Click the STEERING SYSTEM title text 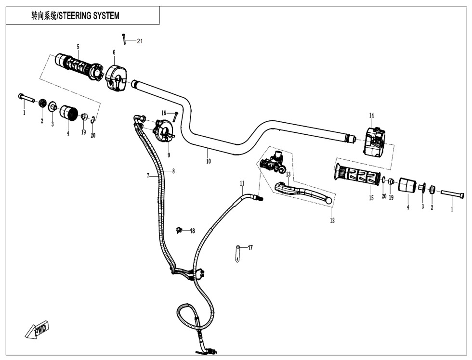click(x=75, y=16)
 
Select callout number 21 click(x=140, y=41)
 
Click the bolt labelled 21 click(x=124, y=38)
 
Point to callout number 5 click(x=78, y=47)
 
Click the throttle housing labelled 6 click(x=115, y=77)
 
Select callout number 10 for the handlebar click(x=209, y=162)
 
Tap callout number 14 click(x=371, y=116)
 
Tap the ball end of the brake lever click(x=328, y=200)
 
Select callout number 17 click(x=250, y=248)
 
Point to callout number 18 click(x=192, y=231)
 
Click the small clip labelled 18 click(x=180, y=229)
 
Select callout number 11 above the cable click(x=242, y=183)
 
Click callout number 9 click(x=169, y=155)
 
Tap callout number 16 click(x=164, y=113)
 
